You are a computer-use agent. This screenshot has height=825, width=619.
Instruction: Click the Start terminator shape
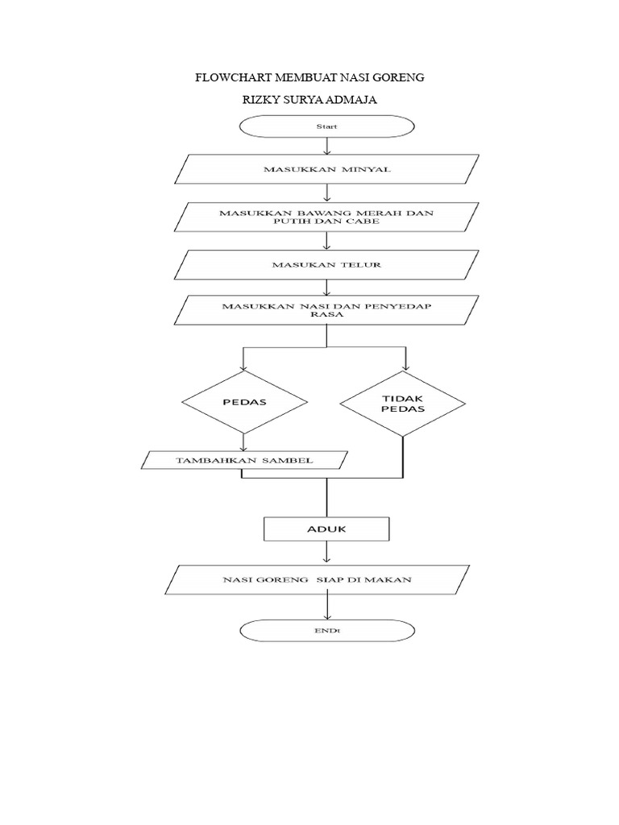(x=326, y=126)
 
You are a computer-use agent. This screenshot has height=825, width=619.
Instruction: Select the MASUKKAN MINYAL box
(x=326, y=169)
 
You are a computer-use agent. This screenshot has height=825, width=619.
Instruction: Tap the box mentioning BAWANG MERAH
(x=326, y=217)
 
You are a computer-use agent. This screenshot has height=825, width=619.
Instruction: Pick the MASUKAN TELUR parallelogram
(x=326, y=264)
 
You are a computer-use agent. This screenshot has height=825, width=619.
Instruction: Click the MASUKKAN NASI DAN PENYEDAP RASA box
(x=326, y=310)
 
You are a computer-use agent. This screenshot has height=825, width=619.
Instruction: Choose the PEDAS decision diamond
(x=244, y=400)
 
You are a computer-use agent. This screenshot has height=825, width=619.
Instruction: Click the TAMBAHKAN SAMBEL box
(x=244, y=460)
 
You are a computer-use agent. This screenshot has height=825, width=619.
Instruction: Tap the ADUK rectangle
(x=326, y=529)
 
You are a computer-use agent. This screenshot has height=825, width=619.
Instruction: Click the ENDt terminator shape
(x=326, y=631)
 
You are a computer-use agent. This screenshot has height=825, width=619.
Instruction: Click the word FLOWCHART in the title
(x=235, y=78)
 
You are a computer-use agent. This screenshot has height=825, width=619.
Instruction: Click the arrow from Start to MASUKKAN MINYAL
(x=326, y=146)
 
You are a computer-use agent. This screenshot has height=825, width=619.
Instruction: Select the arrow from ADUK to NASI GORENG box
(x=326, y=552)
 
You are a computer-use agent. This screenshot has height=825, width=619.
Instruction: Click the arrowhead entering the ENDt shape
(x=326, y=614)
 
